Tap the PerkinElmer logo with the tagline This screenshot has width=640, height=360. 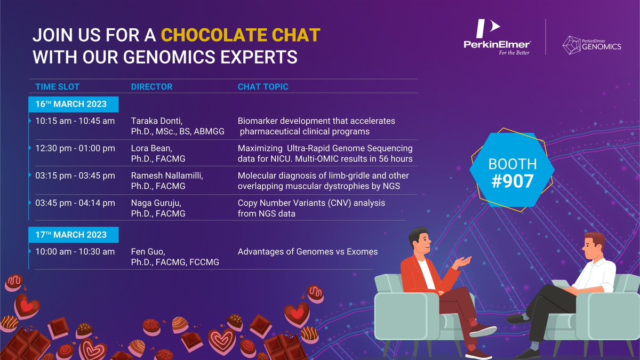[497, 38]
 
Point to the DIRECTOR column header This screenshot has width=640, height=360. [151, 87]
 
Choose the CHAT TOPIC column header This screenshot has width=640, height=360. [263, 87]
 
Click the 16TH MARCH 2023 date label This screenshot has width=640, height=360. [72, 103]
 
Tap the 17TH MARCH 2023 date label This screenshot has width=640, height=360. [72, 235]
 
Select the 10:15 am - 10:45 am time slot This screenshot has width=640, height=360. [75, 121]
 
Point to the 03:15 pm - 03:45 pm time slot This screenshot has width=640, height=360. [75, 176]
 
